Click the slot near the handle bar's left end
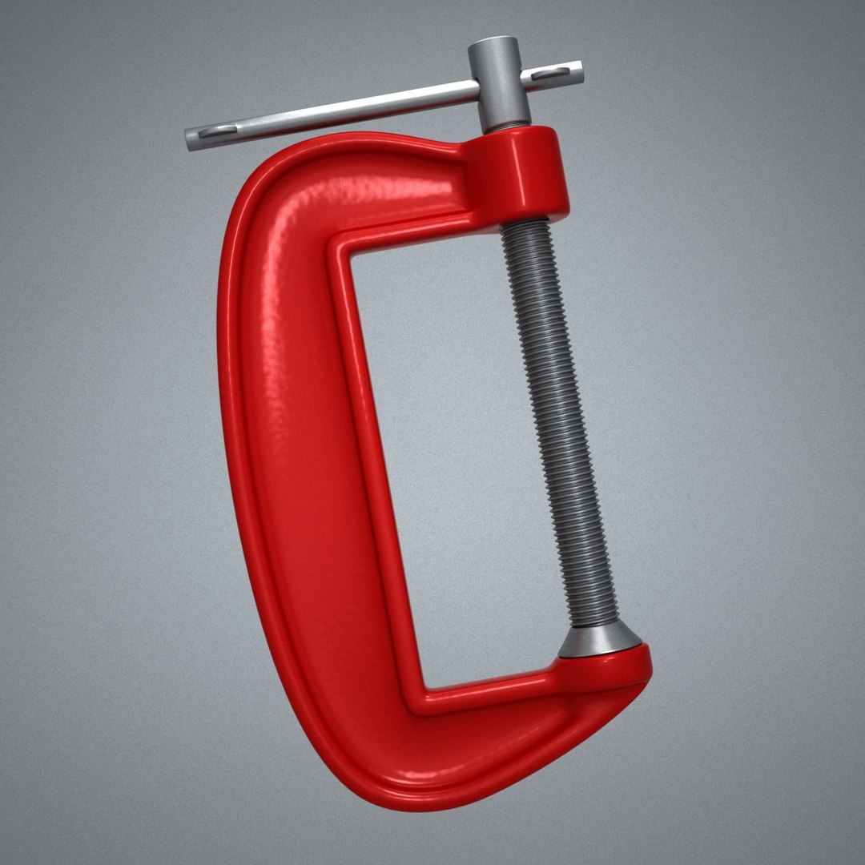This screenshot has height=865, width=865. [214, 134]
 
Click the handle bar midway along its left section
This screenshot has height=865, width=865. [336, 112]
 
